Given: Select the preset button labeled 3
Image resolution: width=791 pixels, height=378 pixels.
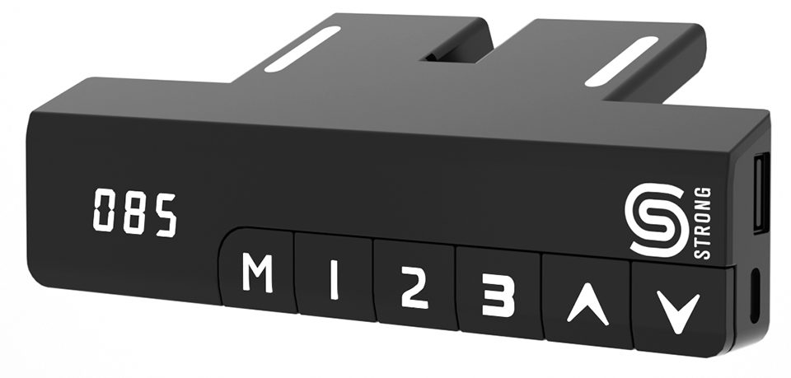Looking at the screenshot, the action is pyautogui.click(x=498, y=293).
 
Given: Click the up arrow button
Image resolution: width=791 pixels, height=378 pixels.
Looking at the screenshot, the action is pyautogui.click(x=587, y=301).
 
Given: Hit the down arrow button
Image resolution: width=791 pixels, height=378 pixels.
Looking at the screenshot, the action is pyautogui.click(x=681, y=309).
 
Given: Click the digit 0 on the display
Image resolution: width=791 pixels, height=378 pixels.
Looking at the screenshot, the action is pyautogui.click(x=105, y=210).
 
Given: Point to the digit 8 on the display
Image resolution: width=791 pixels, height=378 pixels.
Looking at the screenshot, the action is pyautogui.click(x=135, y=212).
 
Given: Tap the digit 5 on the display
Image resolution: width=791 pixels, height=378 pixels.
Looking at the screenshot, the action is pyautogui.click(x=166, y=215).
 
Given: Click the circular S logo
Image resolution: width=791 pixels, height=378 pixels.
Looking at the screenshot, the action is pyautogui.click(x=657, y=220).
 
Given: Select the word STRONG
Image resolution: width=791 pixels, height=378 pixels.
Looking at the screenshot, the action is pyautogui.click(x=703, y=223).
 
